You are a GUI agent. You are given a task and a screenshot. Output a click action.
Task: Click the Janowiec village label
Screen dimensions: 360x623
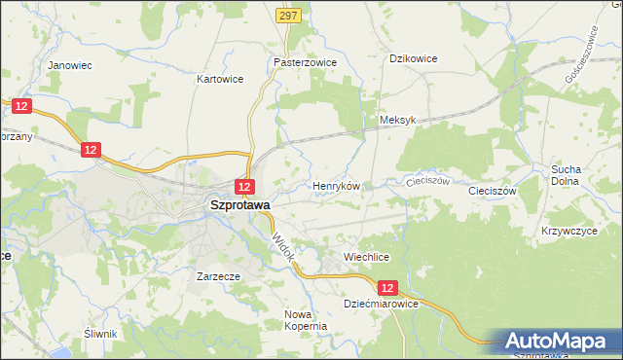pyautogui.click(x=69, y=65)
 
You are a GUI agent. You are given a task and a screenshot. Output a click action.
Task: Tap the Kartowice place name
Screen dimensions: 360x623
pyautogui.click(x=219, y=79)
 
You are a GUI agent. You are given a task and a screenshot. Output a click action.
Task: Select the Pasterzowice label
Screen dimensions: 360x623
pyautogui.click(x=305, y=61)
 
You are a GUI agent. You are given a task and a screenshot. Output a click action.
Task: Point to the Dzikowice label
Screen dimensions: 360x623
pyautogui.click(x=413, y=58)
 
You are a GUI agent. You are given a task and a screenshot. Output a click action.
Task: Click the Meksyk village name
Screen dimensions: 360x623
pyautogui.click(x=396, y=120)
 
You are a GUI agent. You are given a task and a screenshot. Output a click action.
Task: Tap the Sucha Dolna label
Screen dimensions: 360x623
pyautogui.click(x=566, y=174)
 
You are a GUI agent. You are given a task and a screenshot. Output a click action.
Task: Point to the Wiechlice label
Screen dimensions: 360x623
pyautogui.click(x=366, y=257)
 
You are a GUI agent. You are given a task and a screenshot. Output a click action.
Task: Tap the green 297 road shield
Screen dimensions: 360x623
pyautogui.click(x=287, y=16)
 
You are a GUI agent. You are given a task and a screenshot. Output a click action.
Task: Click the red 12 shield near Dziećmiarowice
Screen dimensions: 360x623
pyautogui.click(x=387, y=288)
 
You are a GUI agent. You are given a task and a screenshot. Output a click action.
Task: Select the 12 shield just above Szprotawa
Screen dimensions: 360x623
pyautogui.click(x=244, y=186)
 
